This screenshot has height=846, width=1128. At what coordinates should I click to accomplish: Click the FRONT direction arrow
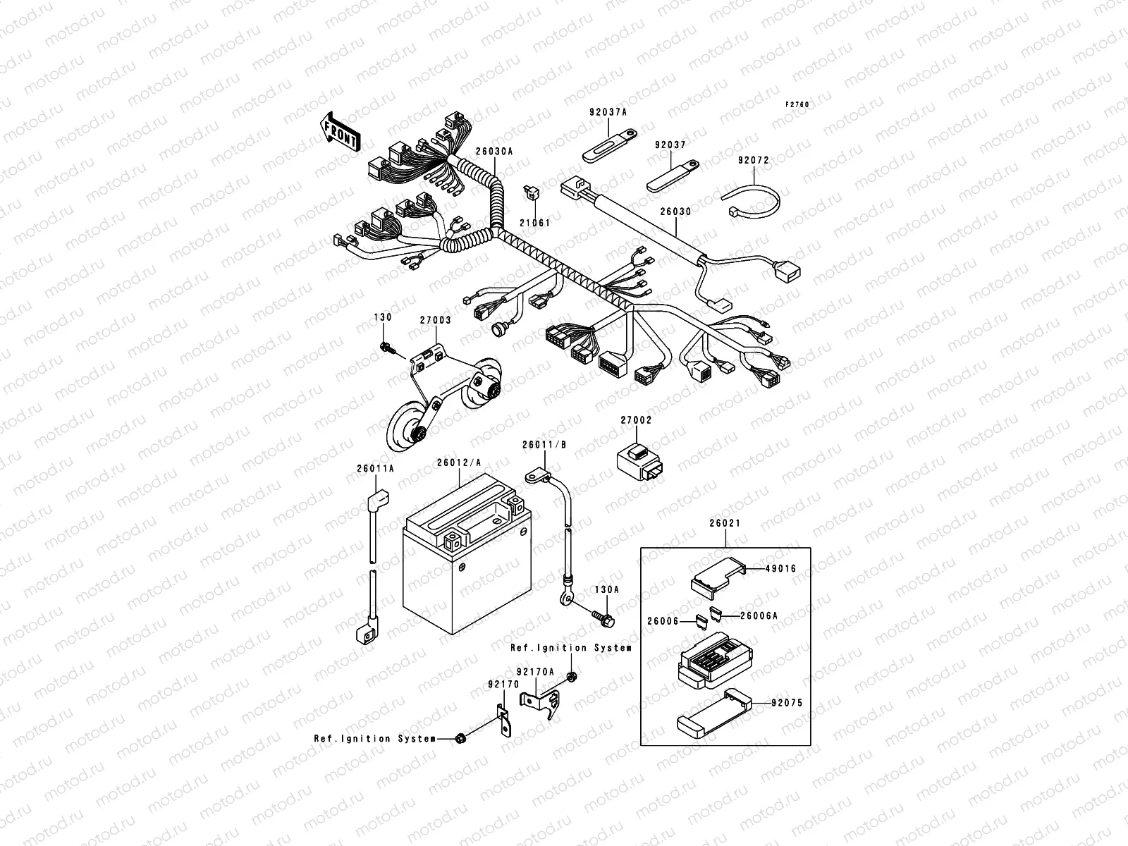[340, 133]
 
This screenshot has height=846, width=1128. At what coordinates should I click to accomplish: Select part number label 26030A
[494, 151]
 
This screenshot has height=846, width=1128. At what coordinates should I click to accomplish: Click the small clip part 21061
[530, 192]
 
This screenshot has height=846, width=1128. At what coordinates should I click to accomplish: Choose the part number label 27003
[435, 320]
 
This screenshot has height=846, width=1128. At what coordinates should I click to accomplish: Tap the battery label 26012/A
[459, 462]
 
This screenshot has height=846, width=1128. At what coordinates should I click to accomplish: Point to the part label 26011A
[375, 468]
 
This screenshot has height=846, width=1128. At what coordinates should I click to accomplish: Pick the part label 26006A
[759, 615]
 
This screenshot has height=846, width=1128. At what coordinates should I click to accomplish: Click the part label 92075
[787, 703]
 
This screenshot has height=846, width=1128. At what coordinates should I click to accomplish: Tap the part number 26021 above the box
[725, 525]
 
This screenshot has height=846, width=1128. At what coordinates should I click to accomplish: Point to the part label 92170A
[535, 672]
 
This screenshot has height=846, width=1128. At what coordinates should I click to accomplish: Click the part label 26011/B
[544, 445]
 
